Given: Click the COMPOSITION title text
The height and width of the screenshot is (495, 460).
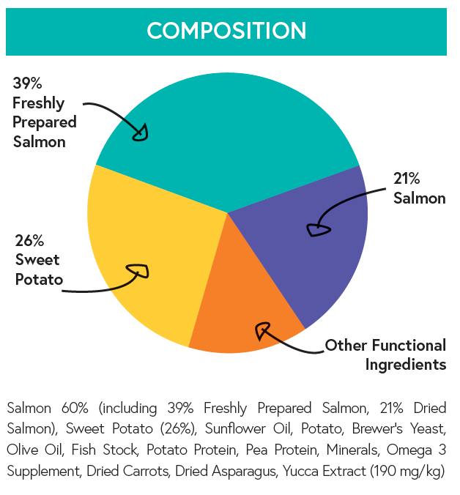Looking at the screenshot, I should point(226,31).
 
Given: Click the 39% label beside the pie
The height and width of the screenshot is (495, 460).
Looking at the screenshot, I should point(26,84).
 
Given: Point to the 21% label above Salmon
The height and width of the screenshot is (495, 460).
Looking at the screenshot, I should point(407,179).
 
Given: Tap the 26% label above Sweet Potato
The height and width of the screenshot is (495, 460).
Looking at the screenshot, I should point(29,240).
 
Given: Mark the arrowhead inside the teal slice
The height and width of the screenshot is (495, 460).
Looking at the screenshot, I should point(141,133).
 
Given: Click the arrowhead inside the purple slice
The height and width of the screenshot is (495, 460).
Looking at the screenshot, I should point(318,230).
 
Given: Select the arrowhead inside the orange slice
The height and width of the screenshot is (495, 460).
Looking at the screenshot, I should point(262,331).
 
